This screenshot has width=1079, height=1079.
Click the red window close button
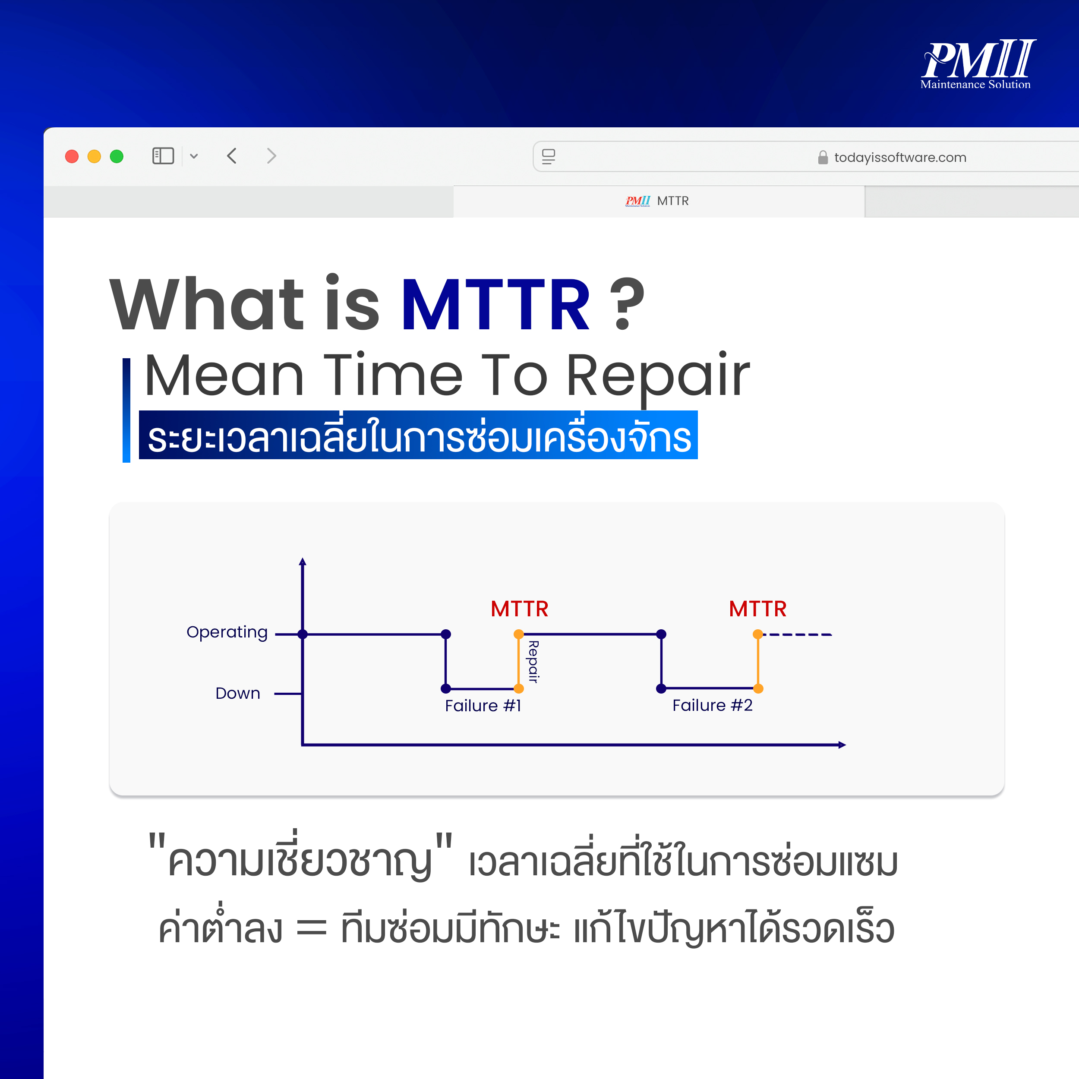click(x=72, y=156)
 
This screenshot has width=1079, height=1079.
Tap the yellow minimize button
click(x=94, y=156)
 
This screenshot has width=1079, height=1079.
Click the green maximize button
click(x=116, y=156)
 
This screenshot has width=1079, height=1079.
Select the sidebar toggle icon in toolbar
click(x=163, y=156)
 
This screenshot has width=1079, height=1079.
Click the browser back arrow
click(x=232, y=156)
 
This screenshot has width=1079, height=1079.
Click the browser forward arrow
click(x=271, y=156)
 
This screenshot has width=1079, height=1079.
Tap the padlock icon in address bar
click(x=823, y=158)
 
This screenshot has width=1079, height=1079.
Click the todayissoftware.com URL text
click(x=900, y=158)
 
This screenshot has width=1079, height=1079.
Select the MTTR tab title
click(x=672, y=201)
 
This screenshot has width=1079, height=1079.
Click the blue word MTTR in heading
click(x=495, y=305)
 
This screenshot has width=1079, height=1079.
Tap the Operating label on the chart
click(x=227, y=632)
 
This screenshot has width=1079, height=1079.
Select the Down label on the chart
click(x=238, y=693)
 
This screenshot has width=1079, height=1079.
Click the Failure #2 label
click(x=712, y=705)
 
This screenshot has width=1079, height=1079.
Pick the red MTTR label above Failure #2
click(x=757, y=609)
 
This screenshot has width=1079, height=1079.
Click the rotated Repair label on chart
click(x=533, y=662)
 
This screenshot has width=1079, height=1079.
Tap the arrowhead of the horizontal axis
click(x=842, y=745)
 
